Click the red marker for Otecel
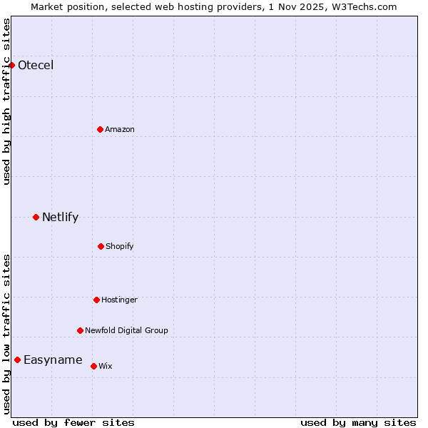click(11, 66)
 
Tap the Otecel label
click(36, 66)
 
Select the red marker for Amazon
click(101, 129)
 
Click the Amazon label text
click(120, 129)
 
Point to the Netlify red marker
click(36, 217)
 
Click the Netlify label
click(60, 218)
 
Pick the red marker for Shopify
click(101, 246)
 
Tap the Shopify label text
click(120, 246)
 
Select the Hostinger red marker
click(96, 300)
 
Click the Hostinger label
click(119, 300)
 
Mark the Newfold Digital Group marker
click(80, 330)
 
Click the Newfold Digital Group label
click(126, 330)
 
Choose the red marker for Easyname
click(17, 360)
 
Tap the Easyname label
click(53, 360)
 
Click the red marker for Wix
click(93, 366)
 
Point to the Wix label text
click(106, 366)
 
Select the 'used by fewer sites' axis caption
click(73, 422)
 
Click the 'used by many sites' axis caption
click(358, 422)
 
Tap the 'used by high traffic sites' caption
click(6, 101)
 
